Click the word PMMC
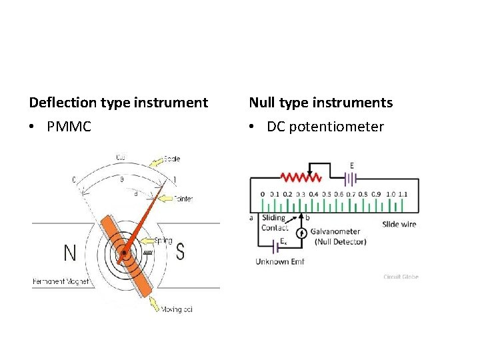(x=69, y=127)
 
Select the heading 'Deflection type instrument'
(x=119, y=103)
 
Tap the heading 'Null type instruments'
(x=321, y=103)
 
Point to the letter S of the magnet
(x=180, y=253)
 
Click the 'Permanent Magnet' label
(x=60, y=282)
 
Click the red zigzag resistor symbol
(x=301, y=178)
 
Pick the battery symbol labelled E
(x=351, y=178)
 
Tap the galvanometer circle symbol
(x=301, y=233)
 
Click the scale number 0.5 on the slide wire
(x=326, y=194)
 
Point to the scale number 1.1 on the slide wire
(x=403, y=194)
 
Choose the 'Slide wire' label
(x=399, y=224)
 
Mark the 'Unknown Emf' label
(x=279, y=262)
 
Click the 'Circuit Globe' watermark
(x=401, y=277)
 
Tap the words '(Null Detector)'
(x=340, y=241)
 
